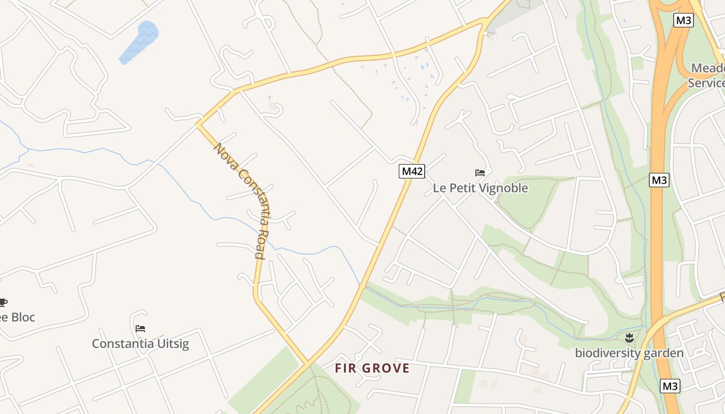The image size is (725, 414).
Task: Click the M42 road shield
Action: [x=412, y=171]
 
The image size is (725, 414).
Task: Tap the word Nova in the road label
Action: [x=224, y=154]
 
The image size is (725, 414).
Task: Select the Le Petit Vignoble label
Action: [x=480, y=188]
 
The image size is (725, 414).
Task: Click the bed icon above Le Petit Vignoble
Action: [x=480, y=172]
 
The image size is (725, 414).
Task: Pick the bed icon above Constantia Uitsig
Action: [x=140, y=328]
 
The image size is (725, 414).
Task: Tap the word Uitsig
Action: [x=172, y=344]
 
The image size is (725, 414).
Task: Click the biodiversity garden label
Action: [x=629, y=353]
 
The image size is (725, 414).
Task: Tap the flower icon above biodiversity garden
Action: [x=629, y=338]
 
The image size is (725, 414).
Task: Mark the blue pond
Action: [x=139, y=41]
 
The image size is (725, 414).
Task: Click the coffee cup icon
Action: [x=3, y=302]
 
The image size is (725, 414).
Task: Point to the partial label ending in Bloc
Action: [x=18, y=317]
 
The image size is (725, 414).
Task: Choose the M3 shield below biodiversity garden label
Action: [x=670, y=386]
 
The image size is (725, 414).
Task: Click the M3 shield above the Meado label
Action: [x=684, y=20]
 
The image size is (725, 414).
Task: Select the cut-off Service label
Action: [x=706, y=83]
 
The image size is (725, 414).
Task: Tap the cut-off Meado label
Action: [x=708, y=68]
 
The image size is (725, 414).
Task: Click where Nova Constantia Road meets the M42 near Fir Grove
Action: [x=308, y=361]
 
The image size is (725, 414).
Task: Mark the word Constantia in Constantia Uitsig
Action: [x=123, y=344]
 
